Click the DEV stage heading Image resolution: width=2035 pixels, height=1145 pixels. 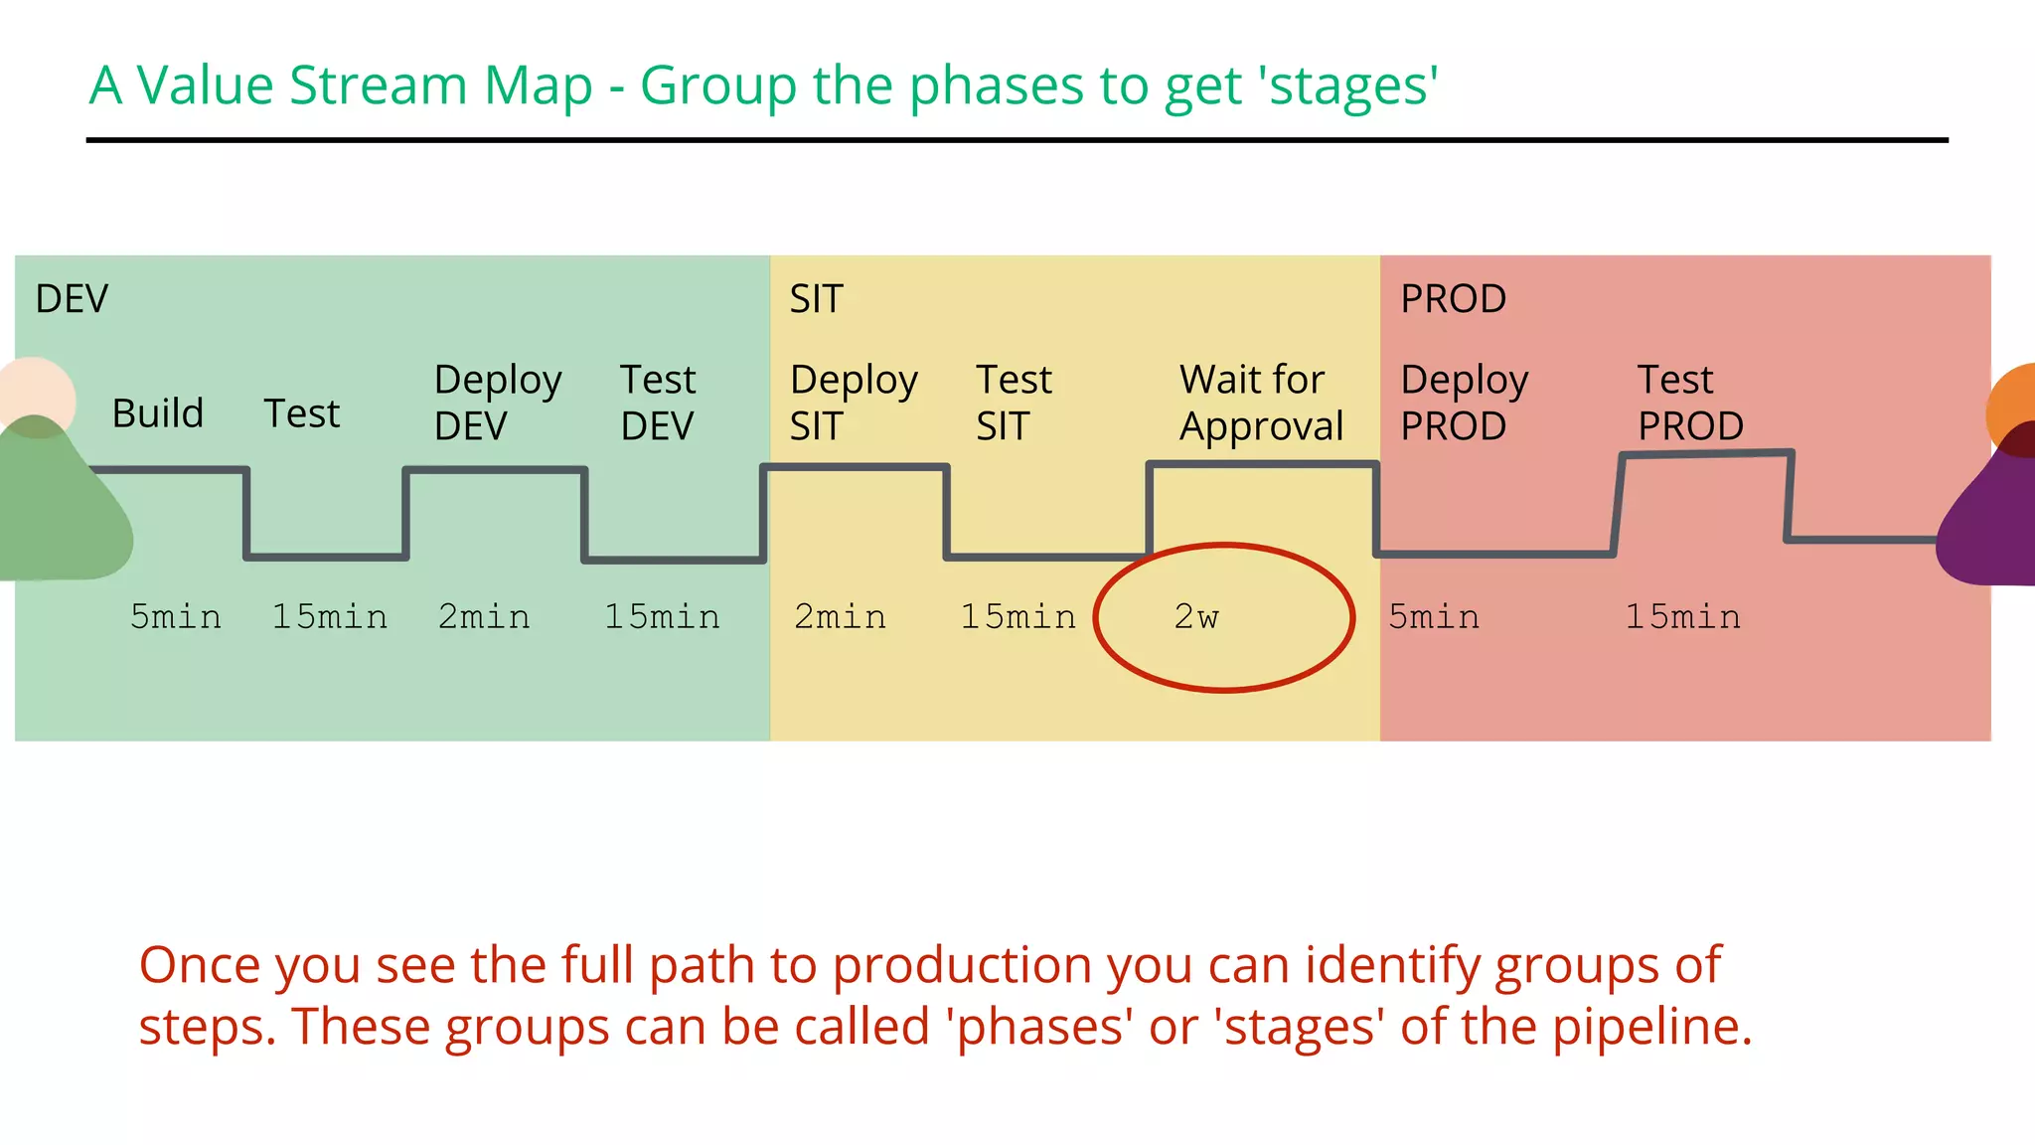pyautogui.click(x=72, y=299)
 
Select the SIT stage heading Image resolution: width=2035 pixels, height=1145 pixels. pyautogui.click(x=816, y=299)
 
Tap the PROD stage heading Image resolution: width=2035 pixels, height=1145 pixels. pyautogui.click(x=1453, y=299)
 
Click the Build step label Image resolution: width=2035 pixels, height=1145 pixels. pyautogui.click(x=158, y=413)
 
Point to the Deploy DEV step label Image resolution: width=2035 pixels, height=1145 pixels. pyautogui.click(x=497, y=403)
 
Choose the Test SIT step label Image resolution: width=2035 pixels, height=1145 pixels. pyautogui.click(x=1013, y=403)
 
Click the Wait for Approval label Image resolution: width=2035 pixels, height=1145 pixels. pyautogui.click(x=1260, y=403)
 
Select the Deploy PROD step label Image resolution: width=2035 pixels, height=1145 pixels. pyautogui.click(x=1464, y=403)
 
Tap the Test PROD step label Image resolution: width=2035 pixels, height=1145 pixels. pyautogui.click(x=1689, y=403)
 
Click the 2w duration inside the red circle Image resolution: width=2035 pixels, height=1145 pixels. pyautogui.click(x=1196, y=617)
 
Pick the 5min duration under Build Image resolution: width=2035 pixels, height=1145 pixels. pyautogui.click(x=176, y=617)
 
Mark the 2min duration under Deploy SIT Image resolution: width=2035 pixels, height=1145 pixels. pyautogui.click(x=840, y=617)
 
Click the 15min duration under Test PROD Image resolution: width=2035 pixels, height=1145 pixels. pyautogui.click(x=1682, y=617)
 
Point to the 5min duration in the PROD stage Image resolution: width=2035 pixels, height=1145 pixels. pyautogui.click(x=1434, y=617)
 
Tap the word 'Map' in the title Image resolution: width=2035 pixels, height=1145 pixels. pyautogui.click(x=538, y=86)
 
